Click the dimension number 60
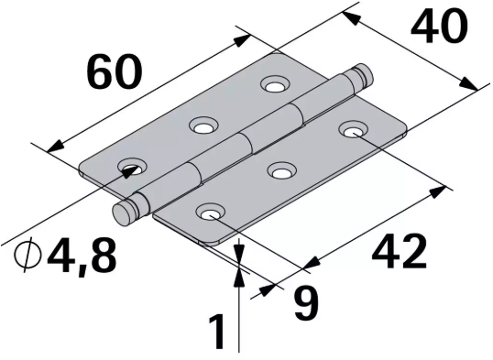[x=115, y=71]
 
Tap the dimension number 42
[x=400, y=250]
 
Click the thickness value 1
[x=217, y=333]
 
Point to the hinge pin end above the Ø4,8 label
[x=124, y=213]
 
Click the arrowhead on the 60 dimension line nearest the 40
[x=245, y=38]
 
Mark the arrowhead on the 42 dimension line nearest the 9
[x=309, y=265]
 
